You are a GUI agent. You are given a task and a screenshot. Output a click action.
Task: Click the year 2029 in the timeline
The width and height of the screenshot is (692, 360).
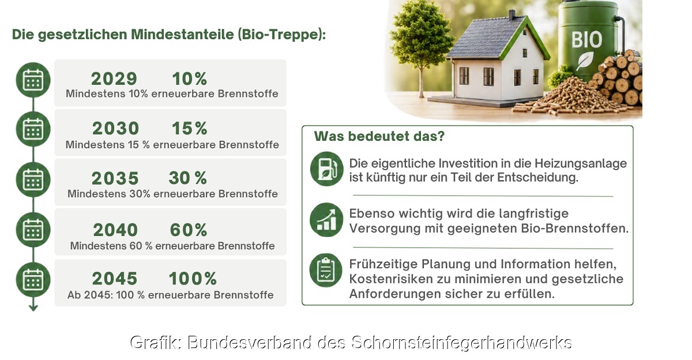[114, 78]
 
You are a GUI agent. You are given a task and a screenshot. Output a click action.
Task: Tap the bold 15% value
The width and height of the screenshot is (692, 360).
[189, 128]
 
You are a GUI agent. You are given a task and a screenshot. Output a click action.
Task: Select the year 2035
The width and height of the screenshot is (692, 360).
[115, 178]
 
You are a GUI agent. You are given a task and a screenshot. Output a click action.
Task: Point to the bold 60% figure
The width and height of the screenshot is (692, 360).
[189, 230]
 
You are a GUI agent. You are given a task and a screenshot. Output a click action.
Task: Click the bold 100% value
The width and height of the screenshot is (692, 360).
[193, 279]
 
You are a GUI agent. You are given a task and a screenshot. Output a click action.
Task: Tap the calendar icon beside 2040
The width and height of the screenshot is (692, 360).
[33, 230]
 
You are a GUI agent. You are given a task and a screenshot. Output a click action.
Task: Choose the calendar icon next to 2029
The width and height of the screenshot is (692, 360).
[33, 80]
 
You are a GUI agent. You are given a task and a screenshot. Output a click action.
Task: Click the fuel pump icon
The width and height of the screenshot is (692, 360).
[326, 168]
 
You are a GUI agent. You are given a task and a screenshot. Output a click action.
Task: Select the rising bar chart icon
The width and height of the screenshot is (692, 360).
[326, 220]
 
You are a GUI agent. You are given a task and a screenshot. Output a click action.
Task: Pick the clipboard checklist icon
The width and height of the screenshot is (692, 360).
[326, 271]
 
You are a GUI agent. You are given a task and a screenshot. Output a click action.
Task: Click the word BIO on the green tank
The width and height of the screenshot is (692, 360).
[586, 40]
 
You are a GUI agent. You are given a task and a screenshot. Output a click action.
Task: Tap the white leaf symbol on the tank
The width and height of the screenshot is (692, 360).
[585, 61]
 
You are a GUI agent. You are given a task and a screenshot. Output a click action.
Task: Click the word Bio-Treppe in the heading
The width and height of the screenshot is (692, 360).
[280, 34]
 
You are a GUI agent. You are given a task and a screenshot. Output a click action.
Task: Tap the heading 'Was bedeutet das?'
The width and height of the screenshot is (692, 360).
[379, 136]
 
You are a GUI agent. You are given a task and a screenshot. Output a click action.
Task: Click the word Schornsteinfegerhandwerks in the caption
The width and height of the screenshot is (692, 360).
[461, 343]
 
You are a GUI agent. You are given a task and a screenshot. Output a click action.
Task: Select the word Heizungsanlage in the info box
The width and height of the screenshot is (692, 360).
[581, 164]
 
